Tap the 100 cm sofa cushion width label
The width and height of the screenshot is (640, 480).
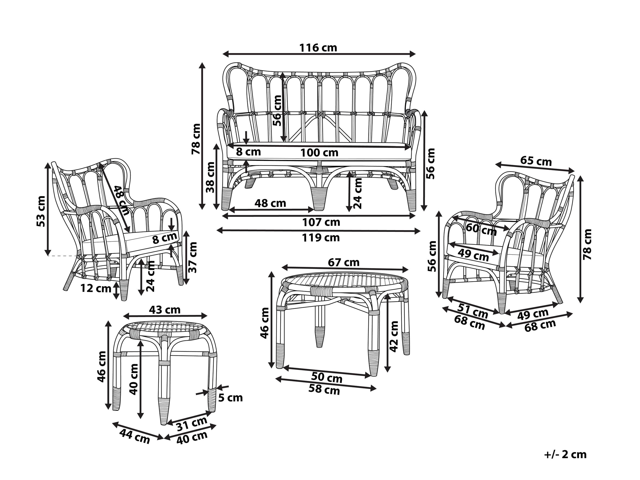(x=319, y=153)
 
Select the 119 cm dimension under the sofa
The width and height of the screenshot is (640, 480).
(x=321, y=238)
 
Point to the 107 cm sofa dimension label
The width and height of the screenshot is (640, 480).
(x=321, y=222)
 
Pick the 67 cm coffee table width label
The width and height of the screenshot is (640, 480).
(x=343, y=262)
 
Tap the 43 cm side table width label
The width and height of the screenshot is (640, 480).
(x=165, y=310)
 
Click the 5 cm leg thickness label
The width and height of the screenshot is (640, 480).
(x=230, y=398)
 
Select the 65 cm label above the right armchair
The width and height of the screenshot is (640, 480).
(x=536, y=161)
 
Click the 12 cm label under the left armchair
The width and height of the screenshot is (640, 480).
(x=96, y=288)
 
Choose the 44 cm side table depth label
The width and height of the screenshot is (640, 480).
(x=135, y=436)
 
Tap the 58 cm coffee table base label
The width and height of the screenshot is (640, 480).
(x=324, y=389)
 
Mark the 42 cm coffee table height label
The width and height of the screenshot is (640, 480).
(x=394, y=336)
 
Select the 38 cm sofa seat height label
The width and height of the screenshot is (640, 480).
(x=211, y=177)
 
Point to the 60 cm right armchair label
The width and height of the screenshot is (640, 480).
(x=481, y=229)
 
